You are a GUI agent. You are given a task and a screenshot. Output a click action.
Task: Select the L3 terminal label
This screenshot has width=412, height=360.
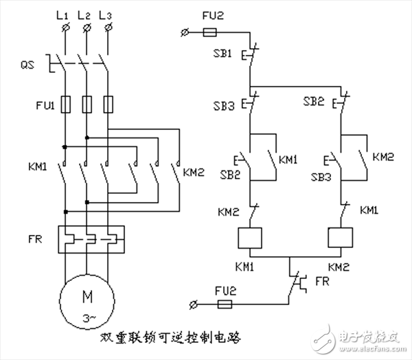[106, 14]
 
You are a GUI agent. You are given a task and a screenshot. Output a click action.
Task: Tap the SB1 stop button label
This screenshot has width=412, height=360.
[224, 54]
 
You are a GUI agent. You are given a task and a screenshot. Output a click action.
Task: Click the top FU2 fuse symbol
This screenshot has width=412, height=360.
[212, 32]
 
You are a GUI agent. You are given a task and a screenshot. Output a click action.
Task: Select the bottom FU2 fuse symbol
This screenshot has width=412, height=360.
[224, 303]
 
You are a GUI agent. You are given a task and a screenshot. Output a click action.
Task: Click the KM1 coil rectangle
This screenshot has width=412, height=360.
[250, 237]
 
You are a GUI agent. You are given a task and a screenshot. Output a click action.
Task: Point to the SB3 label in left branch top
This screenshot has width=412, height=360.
[224, 106]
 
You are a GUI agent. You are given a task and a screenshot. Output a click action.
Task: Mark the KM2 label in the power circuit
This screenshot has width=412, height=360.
[194, 172]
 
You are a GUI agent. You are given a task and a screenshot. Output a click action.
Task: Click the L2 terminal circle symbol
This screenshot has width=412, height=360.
[87, 28]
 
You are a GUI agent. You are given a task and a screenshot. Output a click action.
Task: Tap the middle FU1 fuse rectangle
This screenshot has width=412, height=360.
[87, 104]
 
